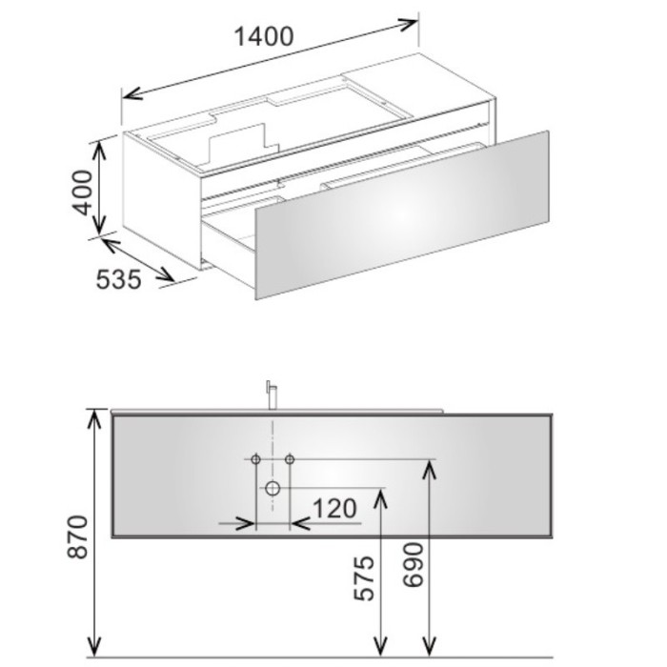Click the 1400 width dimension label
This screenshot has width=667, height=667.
[264, 36]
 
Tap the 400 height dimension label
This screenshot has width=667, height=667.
[83, 192]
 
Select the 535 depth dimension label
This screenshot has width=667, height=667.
[118, 280]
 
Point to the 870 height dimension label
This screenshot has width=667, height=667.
[78, 536]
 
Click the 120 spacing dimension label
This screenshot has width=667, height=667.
[334, 508]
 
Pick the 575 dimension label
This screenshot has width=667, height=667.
[365, 578]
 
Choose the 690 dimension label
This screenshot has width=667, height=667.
[414, 565]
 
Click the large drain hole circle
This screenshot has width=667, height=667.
[273, 488]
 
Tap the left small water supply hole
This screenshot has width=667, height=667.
[255, 459]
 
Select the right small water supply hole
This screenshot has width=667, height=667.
[290, 459]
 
